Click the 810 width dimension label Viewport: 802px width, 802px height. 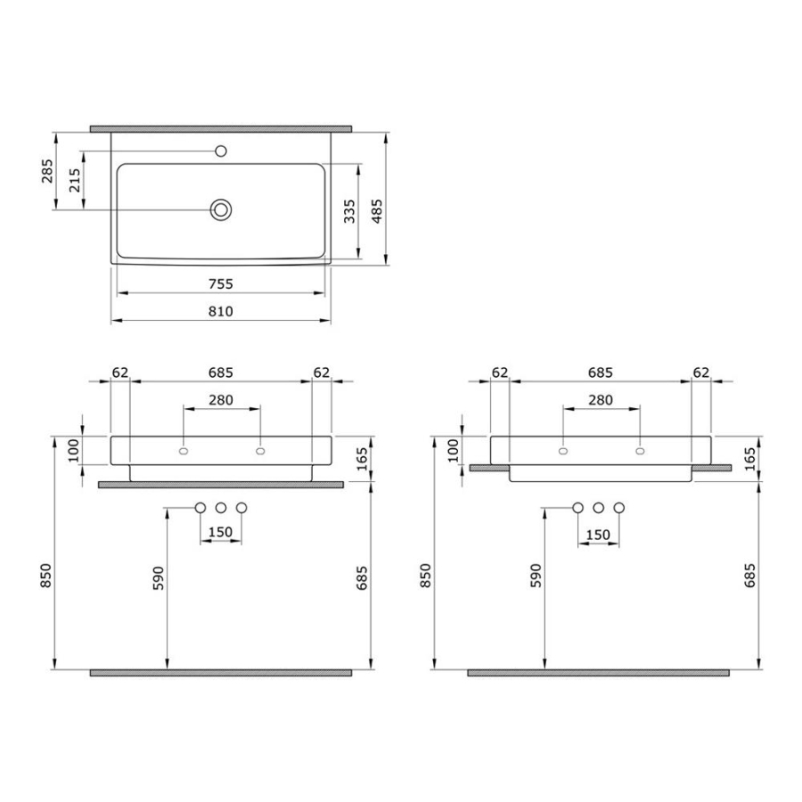coord(221,311)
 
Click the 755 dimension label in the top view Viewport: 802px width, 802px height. coord(221,283)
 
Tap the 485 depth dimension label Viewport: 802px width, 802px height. coord(377,211)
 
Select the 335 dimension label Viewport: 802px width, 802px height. coord(349,211)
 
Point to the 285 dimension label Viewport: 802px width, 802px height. coord(47,171)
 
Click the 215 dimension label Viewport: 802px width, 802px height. coord(75,180)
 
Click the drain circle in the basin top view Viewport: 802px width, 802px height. coord(221,209)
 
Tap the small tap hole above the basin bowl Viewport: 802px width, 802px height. coord(221,151)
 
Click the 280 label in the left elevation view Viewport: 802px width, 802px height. coord(221,399)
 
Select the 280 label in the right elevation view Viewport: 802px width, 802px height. coord(601,399)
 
